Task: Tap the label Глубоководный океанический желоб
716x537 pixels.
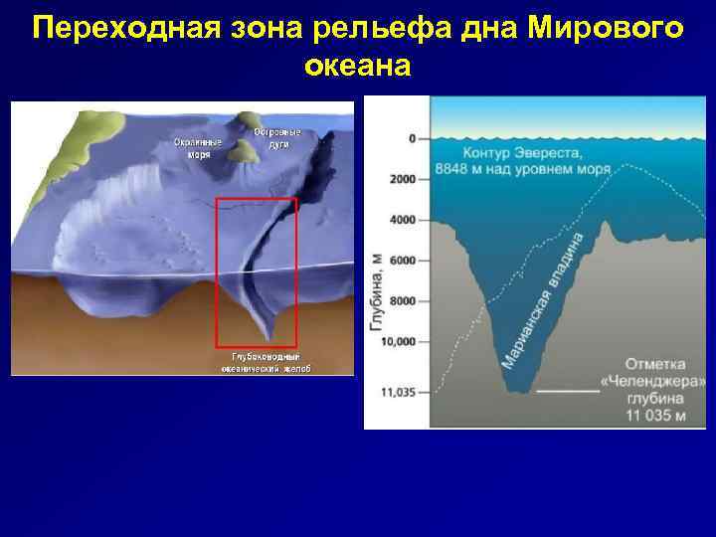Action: pyautogui.click(x=266, y=362)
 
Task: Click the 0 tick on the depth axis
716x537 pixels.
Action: pyautogui.click(x=411, y=138)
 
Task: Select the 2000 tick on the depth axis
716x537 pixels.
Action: pyautogui.click(x=402, y=179)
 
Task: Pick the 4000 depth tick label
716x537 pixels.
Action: pyautogui.click(x=402, y=220)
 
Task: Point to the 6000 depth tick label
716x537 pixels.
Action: pyautogui.click(x=402, y=261)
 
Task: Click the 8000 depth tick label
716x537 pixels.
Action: pyautogui.click(x=402, y=301)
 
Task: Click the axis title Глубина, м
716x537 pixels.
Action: pyautogui.click(x=376, y=299)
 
